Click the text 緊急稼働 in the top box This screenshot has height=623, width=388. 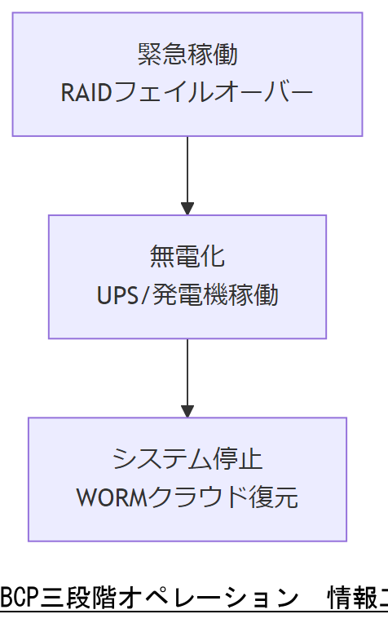coord(187,55)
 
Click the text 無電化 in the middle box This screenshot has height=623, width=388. coord(187,257)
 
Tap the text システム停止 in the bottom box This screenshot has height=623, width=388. coord(187,459)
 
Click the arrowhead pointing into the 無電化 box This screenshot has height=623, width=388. coord(187,207)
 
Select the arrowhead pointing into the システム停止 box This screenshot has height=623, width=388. coord(187,409)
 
